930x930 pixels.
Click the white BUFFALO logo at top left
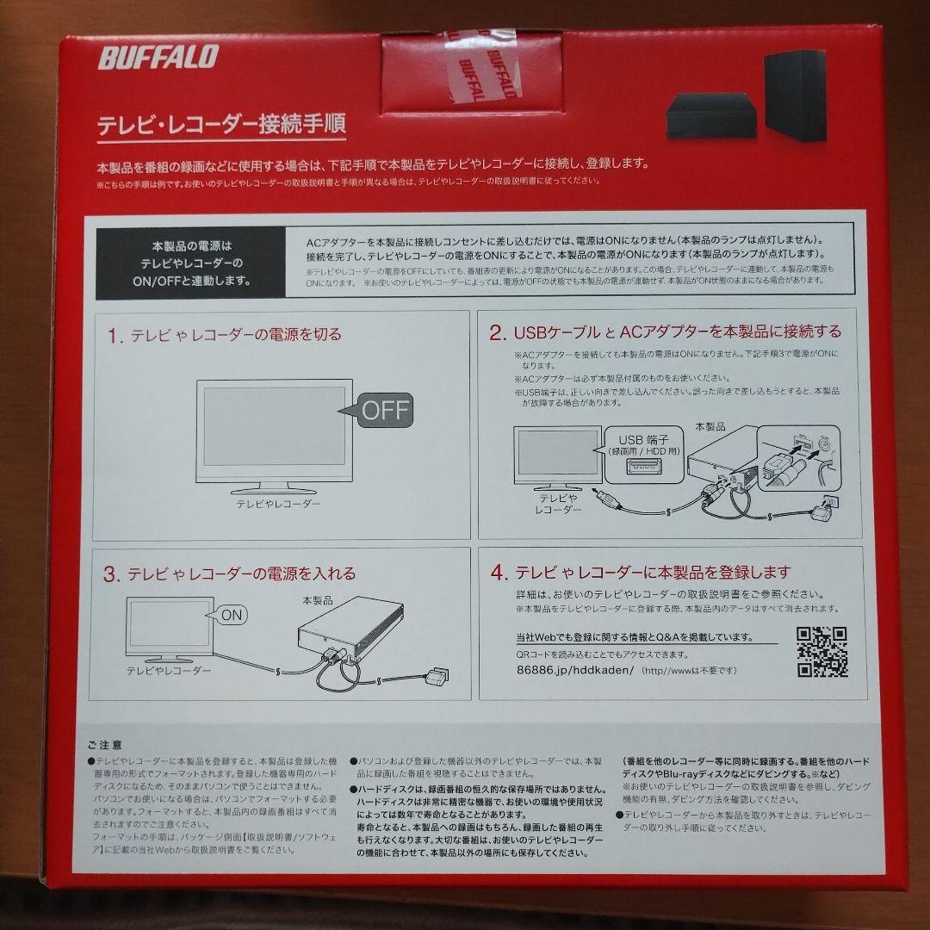(x=158, y=58)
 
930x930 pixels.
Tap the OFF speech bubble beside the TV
(x=378, y=410)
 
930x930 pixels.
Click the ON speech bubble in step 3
(x=228, y=615)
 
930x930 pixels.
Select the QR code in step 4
(x=821, y=652)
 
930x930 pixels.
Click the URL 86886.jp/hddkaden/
(x=574, y=669)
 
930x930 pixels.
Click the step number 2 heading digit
(x=497, y=332)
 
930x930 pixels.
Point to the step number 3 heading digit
(x=112, y=574)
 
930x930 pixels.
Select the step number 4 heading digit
(x=497, y=572)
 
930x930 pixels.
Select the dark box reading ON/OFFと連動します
(x=191, y=262)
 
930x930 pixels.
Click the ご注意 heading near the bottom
(x=104, y=744)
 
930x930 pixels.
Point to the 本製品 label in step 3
(x=317, y=599)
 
